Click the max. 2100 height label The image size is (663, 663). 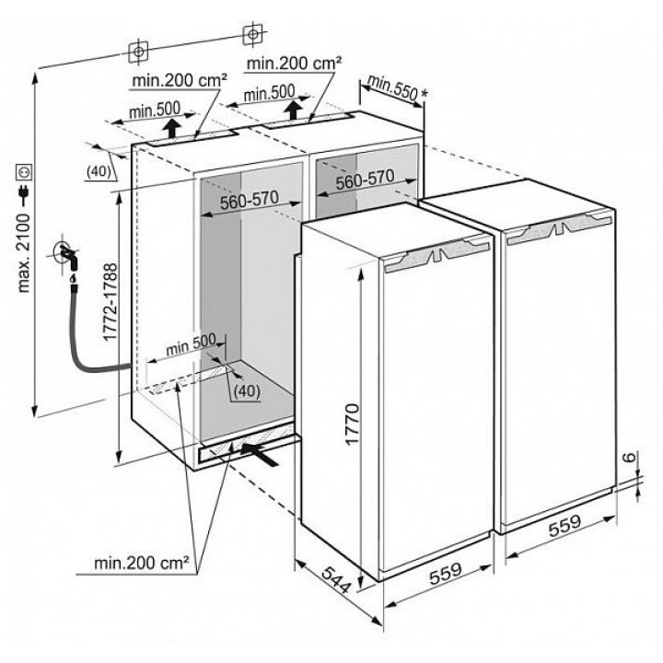(25, 253)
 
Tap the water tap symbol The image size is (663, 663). (66, 256)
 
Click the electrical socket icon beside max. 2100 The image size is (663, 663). (24, 172)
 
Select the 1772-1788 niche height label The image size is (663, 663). (110, 301)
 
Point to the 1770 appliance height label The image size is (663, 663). (352, 425)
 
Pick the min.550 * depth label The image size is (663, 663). (397, 87)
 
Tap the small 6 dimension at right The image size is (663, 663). (629, 457)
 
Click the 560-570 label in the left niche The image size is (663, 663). (250, 200)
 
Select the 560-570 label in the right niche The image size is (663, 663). (365, 180)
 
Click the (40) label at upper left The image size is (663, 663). (99, 171)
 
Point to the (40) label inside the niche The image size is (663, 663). (247, 390)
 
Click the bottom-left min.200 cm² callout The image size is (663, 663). (141, 563)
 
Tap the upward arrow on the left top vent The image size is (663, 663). (171, 128)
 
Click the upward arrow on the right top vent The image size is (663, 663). (292, 110)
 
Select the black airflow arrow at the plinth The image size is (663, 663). (260, 454)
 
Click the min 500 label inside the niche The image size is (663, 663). (191, 345)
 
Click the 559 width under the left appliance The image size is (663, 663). (446, 574)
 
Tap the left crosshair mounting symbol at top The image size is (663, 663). (138, 52)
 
